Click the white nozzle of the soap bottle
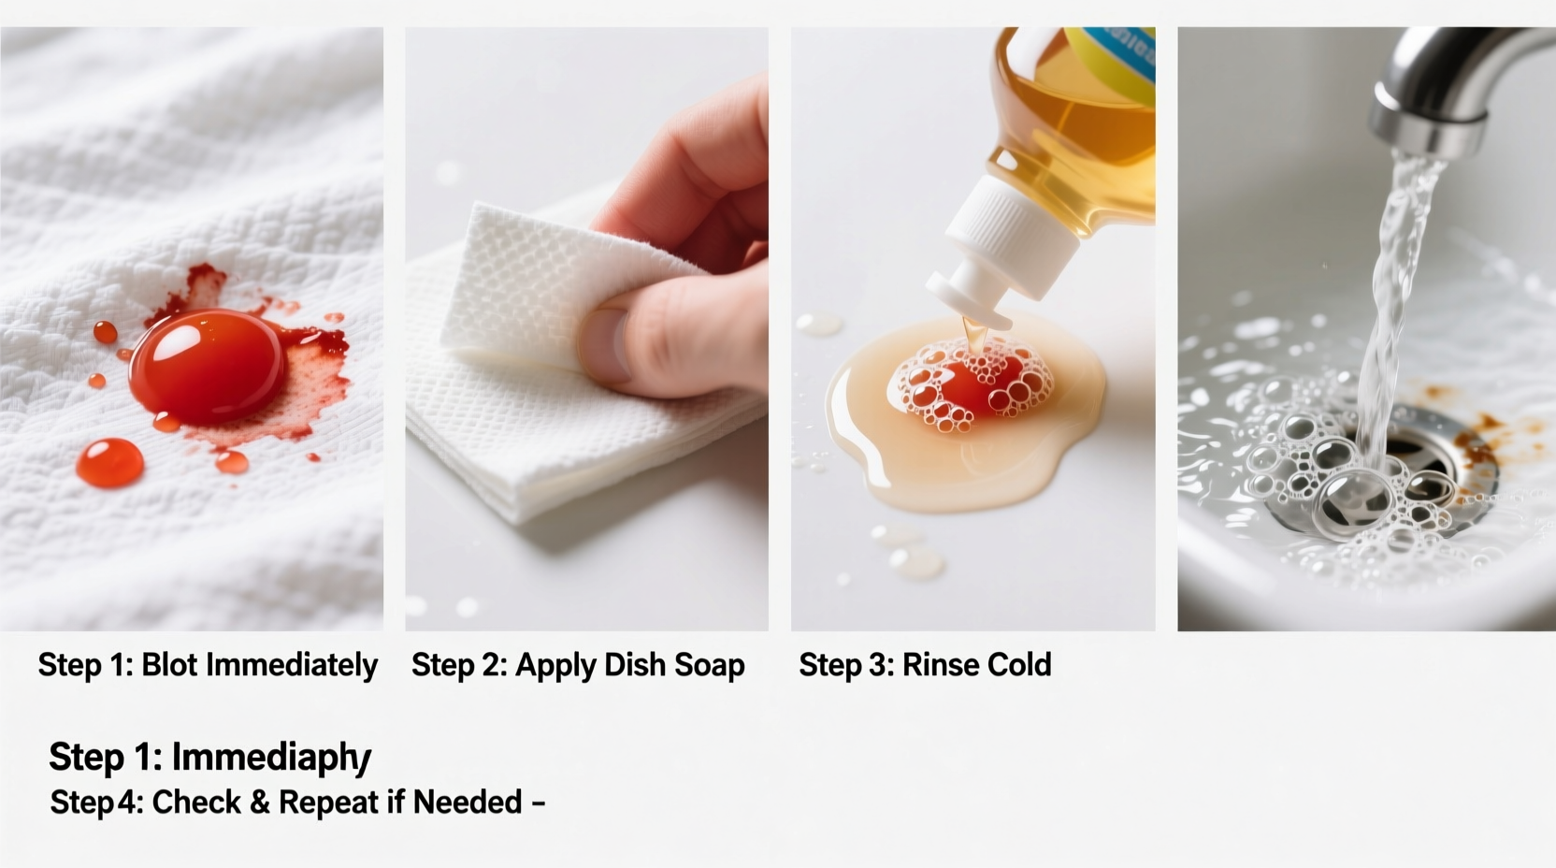click(x=972, y=281)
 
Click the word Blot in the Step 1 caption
click(x=169, y=665)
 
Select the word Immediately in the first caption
click(x=292, y=665)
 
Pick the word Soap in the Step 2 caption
click(x=709, y=665)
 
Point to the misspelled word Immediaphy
click(x=271, y=758)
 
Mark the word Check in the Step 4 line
click(x=196, y=803)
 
